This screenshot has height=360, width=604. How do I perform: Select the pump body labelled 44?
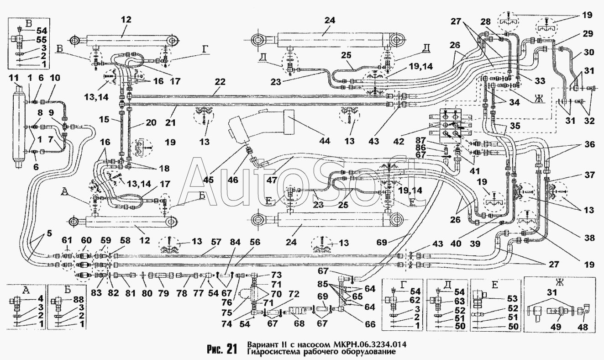pos(262,125)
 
